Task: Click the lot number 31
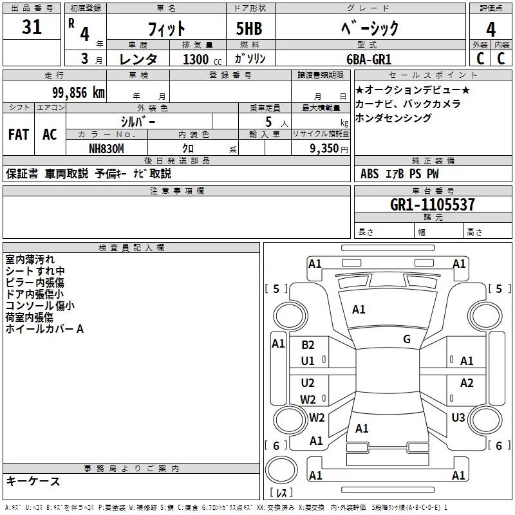pyautogui.click(x=32, y=28)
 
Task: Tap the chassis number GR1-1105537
pyautogui.click(x=433, y=205)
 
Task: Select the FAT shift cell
pyautogui.click(x=19, y=135)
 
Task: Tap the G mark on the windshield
pyautogui.click(x=407, y=339)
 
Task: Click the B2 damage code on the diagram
pyautogui.click(x=308, y=345)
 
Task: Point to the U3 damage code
pyautogui.click(x=458, y=418)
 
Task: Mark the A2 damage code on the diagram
pyautogui.click(x=467, y=383)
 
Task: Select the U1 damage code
pyautogui.click(x=308, y=361)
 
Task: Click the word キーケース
pyautogui.click(x=33, y=481)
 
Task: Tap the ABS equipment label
pyautogui.click(x=370, y=174)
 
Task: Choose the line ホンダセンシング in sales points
pyautogui.click(x=393, y=118)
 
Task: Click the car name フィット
pyautogui.click(x=167, y=28)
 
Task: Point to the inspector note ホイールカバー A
pyautogui.click(x=44, y=329)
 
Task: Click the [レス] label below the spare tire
pyautogui.click(x=281, y=492)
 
